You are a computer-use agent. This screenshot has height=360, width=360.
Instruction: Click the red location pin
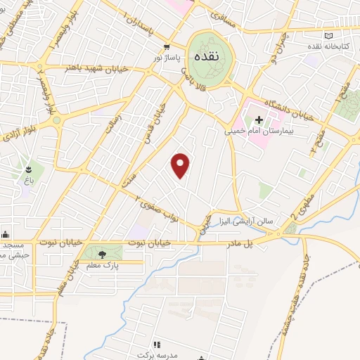click(181, 165)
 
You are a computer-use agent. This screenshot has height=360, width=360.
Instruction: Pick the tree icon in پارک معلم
click(103, 254)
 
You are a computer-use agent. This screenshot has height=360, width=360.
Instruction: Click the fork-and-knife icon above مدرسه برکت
click(157, 345)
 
